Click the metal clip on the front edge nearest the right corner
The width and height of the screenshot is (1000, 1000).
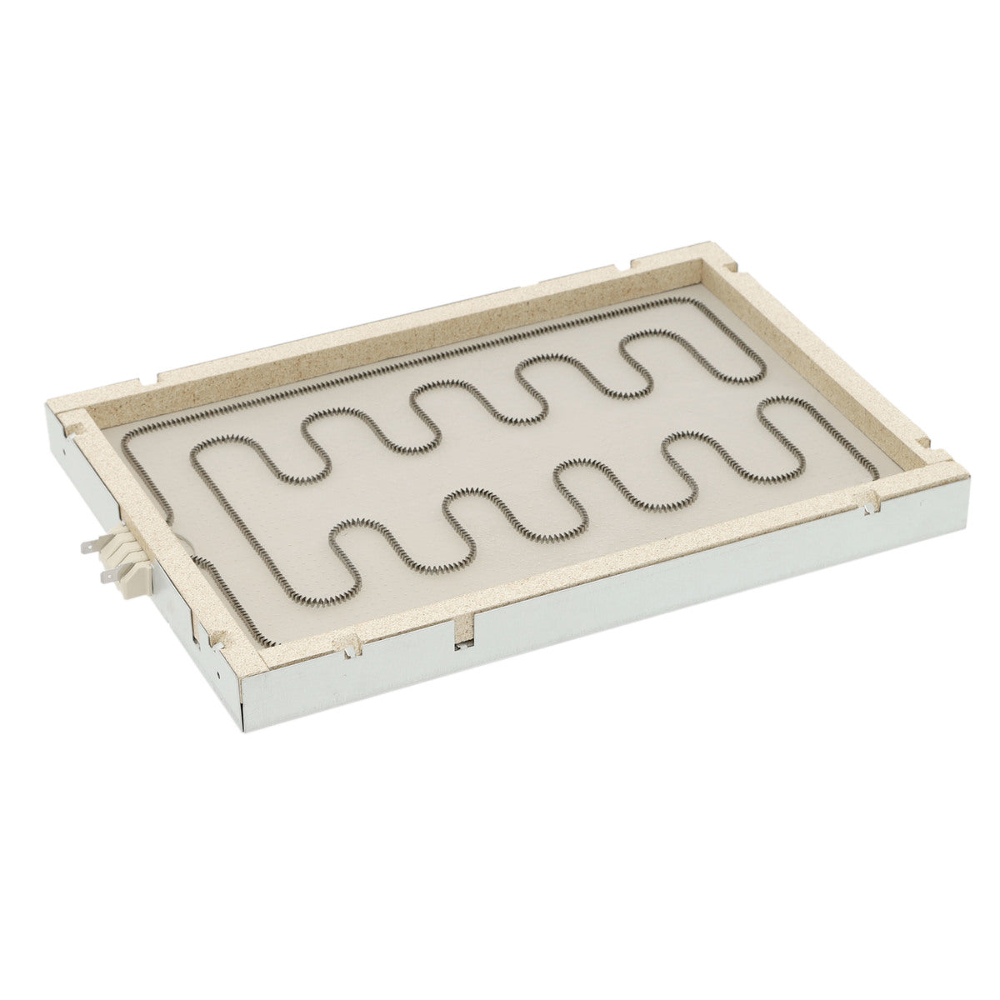click(x=869, y=502)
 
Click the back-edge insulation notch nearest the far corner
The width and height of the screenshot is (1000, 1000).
click(x=622, y=269)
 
